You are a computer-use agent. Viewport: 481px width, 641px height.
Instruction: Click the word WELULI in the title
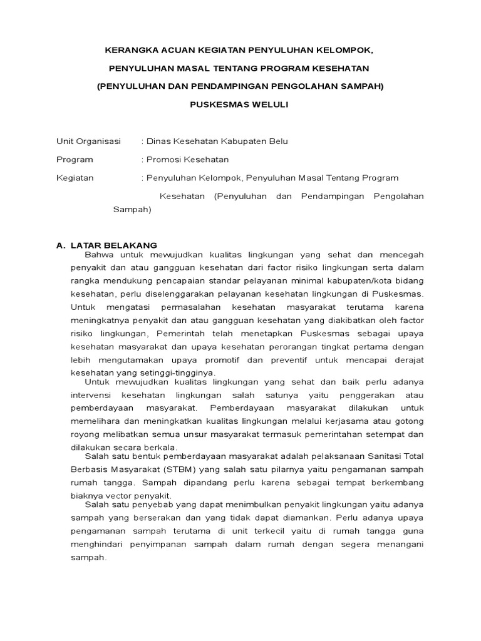(269, 104)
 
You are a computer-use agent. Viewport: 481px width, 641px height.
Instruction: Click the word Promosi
(165, 160)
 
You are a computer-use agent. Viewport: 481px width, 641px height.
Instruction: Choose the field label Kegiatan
(75, 178)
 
